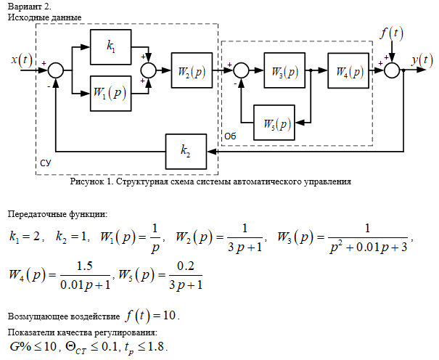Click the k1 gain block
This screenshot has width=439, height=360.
(111, 46)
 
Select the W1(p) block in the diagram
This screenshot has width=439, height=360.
(111, 93)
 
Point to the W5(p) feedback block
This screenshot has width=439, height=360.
(274, 122)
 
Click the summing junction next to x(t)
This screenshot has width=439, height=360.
(56, 70)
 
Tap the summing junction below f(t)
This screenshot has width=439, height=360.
(393, 70)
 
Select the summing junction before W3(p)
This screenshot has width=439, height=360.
(242, 70)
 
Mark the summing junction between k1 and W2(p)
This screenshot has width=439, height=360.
(148, 70)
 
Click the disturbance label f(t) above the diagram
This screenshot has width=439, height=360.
(393, 33)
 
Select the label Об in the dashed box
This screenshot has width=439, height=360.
(229, 136)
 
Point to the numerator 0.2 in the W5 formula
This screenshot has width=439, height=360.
(179, 266)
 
